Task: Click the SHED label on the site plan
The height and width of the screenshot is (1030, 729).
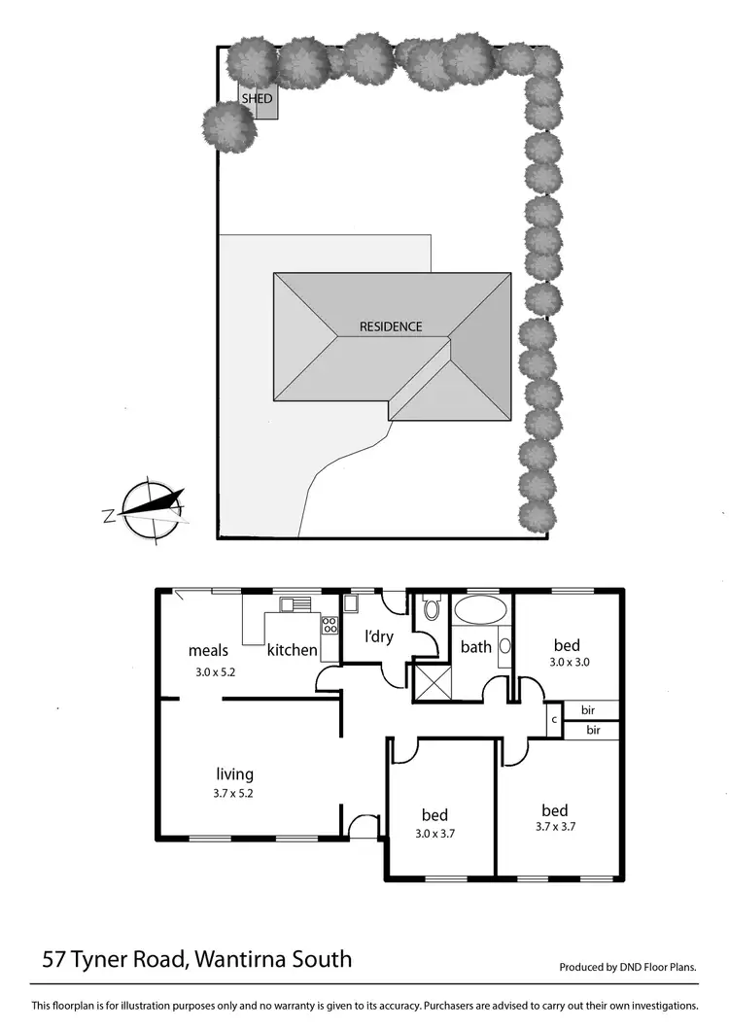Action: (257, 99)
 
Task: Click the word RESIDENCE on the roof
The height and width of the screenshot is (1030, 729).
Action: (391, 326)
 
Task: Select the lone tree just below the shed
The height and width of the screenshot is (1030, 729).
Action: (229, 127)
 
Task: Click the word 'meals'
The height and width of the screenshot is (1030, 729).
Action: (208, 651)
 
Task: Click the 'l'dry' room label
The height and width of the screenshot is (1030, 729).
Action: (378, 637)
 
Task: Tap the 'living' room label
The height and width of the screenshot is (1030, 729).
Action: (234, 774)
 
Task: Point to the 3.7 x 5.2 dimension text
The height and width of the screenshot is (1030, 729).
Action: (234, 793)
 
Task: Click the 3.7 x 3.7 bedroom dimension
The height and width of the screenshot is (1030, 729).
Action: (554, 829)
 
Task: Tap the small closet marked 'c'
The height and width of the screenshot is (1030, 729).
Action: (553, 720)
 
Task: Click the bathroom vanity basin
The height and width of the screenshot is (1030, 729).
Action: (505, 646)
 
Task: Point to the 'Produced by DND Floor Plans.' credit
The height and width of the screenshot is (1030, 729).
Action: (628, 968)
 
